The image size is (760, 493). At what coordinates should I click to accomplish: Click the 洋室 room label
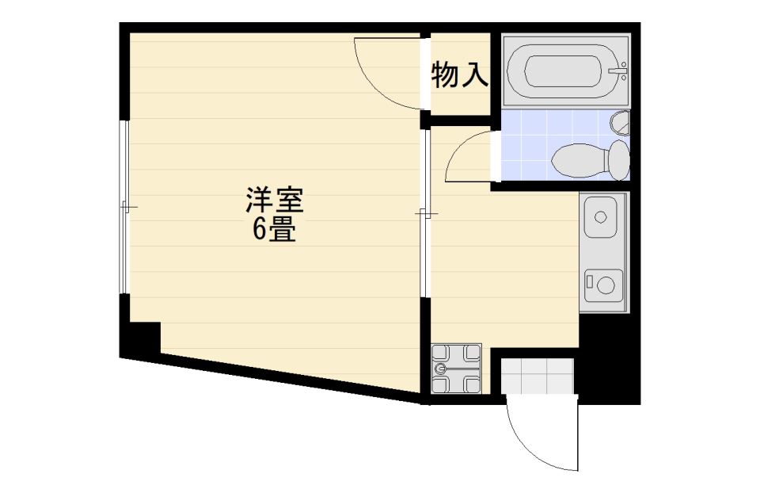[274, 199]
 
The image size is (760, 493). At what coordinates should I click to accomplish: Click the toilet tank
[618, 159]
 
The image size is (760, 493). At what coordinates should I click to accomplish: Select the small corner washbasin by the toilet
[621, 123]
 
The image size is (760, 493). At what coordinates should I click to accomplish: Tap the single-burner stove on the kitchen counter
[602, 283]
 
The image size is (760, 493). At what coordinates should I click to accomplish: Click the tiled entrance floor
[538, 376]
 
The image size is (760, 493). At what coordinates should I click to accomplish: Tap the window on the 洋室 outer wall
[124, 207]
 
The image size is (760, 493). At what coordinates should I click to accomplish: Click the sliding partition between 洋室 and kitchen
[425, 212]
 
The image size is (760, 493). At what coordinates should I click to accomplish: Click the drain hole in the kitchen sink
[599, 216]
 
